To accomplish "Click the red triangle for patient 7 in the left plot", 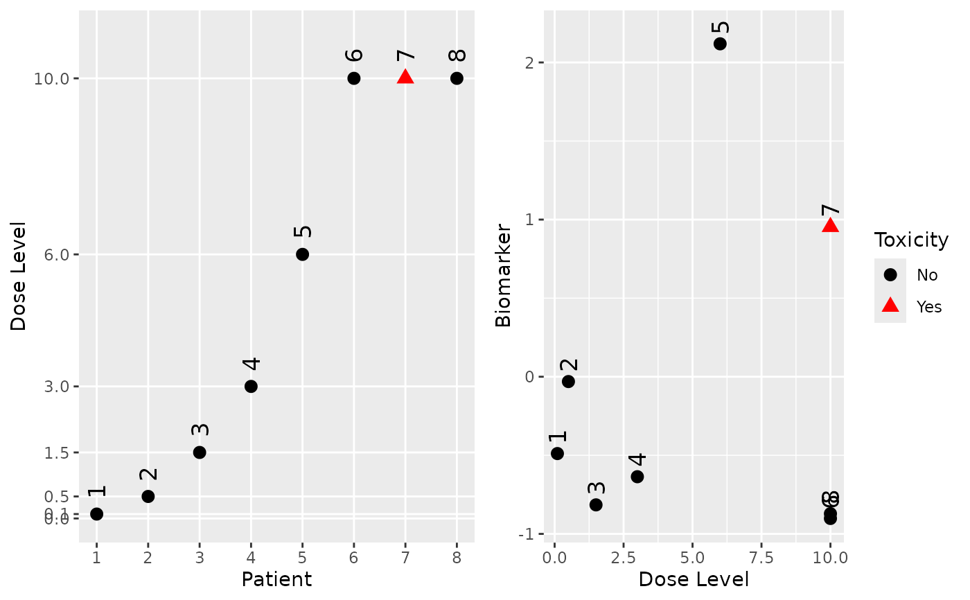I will pyautogui.click(x=405, y=77).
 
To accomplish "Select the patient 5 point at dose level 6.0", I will pyautogui.click(x=302, y=254).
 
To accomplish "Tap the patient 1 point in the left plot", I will pyautogui.click(x=96, y=514).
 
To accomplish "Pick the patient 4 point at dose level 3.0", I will pyautogui.click(x=251, y=386).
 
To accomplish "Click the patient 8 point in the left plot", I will pyautogui.click(x=457, y=78).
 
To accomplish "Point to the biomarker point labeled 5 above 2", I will pyautogui.click(x=720, y=44).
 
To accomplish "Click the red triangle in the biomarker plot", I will pyautogui.click(x=830, y=225).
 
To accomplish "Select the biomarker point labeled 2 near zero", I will pyautogui.click(x=568, y=381).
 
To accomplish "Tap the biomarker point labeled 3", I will pyautogui.click(x=596, y=504).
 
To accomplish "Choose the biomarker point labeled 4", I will pyautogui.click(x=637, y=477).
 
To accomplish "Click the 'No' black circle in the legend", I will pyautogui.click(x=890, y=275).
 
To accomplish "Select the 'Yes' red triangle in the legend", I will pyautogui.click(x=890, y=306).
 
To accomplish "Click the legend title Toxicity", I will pyautogui.click(x=911, y=240).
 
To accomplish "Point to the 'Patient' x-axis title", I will pyautogui.click(x=276, y=579).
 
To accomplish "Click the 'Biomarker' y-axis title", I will pyautogui.click(x=504, y=275).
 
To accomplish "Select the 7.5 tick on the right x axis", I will pyautogui.click(x=761, y=557).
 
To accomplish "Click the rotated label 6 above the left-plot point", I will pyautogui.click(x=354, y=55).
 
